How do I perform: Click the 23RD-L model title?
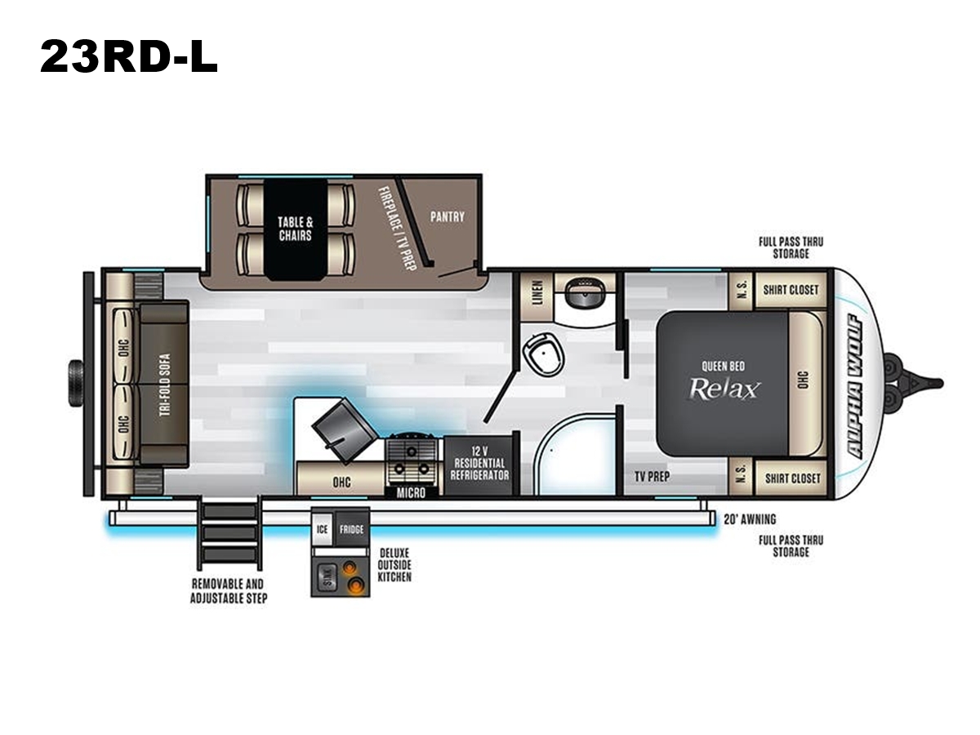pyautogui.click(x=128, y=56)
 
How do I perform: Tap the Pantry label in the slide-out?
pyautogui.click(x=447, y=217)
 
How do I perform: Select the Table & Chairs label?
pyautogui.click(x=295, y=229)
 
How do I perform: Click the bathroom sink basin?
pyautogui.click(x=584, y=292)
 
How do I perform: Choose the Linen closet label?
pyautogui.click(x=538, y=292)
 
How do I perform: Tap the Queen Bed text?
pyautogui.click(x=723, y=367)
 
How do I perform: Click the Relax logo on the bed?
pyautogui.click(x=724, y=389)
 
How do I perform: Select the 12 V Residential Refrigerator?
pyautogui.click(x=479, y=463)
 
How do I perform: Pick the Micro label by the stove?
pyautogui.click(x=411, y=492)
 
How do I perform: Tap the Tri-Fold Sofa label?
pyautogui.click(x=165, y=385)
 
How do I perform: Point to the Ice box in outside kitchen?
pyautogui.click(x=323, y=529)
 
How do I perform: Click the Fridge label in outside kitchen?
pyautogui.click(x=351, y=530)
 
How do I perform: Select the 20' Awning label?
pyautogui.click(x=750, y=519)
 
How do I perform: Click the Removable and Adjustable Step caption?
pyautogui.click(x=229, y=590)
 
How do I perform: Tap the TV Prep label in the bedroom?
pyautogui.click(x=652, y=476)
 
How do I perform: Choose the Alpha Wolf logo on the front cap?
pyautogui.click(x=853, y=386)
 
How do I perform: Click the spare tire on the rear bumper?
pyautogui.click(x=75, y=383)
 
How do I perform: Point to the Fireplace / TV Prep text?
pyautogui.click(x=396, y=229)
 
